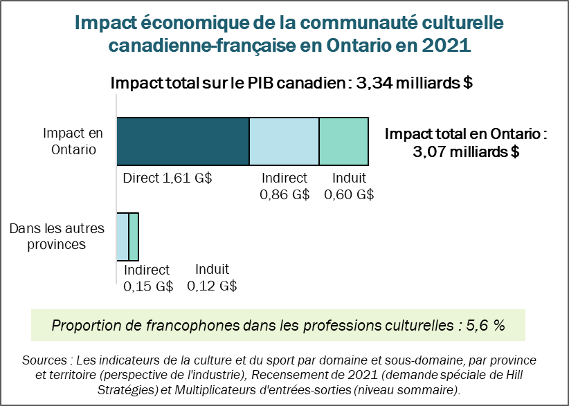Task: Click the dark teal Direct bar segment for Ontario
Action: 183,141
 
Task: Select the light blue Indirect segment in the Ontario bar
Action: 284,141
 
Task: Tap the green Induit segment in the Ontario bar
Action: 343,141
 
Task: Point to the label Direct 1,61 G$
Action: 167,178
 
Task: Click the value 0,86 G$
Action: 284,194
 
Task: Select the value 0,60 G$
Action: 349,194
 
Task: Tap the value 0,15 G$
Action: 147,286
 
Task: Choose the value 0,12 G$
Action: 212,286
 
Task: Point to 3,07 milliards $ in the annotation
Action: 465,151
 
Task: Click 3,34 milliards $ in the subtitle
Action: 414,84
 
